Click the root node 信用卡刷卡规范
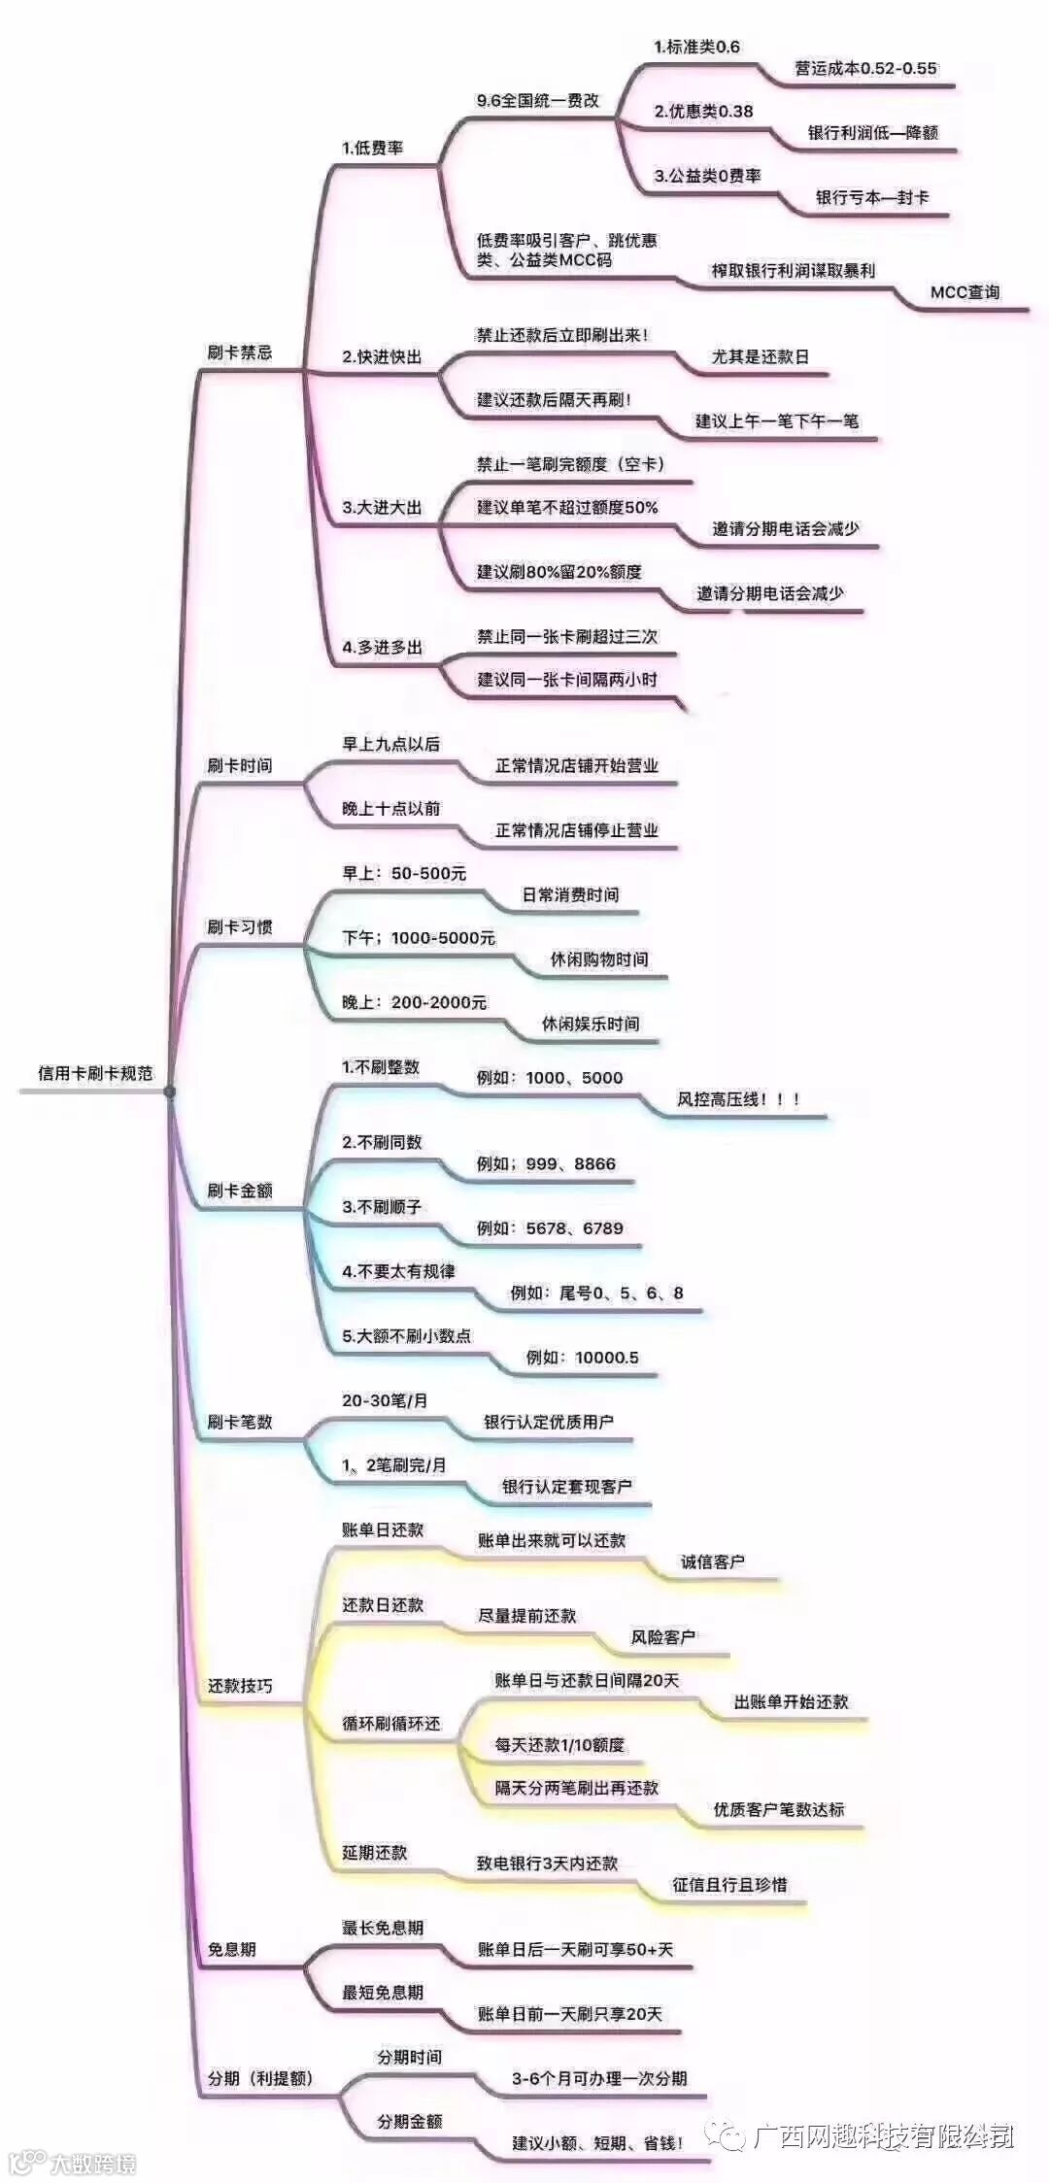(x=95, y=1073)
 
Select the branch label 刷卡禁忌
(x=239, y=353)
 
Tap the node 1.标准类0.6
(x=696, y=47)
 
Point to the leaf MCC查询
(x=964, y=292)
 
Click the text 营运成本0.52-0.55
(x=865, y=69)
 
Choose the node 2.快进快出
(x=382, y=357)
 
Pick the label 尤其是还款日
(x=760, y=357)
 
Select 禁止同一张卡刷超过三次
(x=567, y=637)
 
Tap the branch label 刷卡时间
(x=239, y=766)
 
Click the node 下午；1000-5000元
(x=419, y=938)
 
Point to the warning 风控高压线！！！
(x=738, y=1100)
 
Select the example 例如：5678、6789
(x=550, y=1228)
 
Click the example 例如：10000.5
(x=582, y=1358)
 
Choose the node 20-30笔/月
(x=385, y=1400)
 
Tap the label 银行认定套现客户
(x=566, y=1487)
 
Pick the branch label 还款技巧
(x=240, y=1686)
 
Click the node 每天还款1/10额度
(x=559, y=1745)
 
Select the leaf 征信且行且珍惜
(x=729, y=1885)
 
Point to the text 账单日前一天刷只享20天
(x=569, y=2014)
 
